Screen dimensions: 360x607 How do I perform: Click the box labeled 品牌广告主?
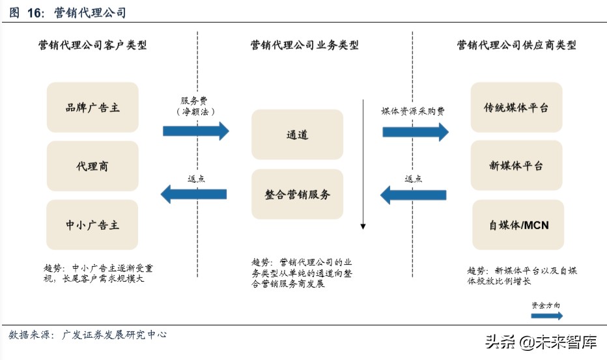coord(92,107)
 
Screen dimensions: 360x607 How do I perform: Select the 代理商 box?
coord(92,166)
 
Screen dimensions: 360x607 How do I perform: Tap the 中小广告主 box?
coord(92,225)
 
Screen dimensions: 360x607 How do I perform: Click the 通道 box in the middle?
coord(297,135)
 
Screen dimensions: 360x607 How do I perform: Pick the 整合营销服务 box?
coord(297,194)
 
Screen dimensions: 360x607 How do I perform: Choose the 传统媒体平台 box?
coord(517,107)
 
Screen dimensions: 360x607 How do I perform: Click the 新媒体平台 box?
coord(517,166)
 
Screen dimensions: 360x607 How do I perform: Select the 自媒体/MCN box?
coord(517,225)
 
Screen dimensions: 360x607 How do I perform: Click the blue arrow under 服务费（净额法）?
coord(195,131)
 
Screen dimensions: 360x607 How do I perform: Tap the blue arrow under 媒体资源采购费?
coord(415,132)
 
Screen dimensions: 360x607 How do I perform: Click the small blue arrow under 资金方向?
coord(546,316)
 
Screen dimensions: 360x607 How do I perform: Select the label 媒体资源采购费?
coord(413,111)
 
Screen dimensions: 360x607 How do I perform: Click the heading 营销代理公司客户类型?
coord(92,45)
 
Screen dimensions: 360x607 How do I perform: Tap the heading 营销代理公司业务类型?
coord(304,45)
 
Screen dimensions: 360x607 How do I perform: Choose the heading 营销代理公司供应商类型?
coord(516,45)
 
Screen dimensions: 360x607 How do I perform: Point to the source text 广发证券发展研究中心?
coord(114,335)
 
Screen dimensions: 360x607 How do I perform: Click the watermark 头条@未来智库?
coord(540,342)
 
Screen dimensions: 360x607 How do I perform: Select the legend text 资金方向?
coord(546,305)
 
